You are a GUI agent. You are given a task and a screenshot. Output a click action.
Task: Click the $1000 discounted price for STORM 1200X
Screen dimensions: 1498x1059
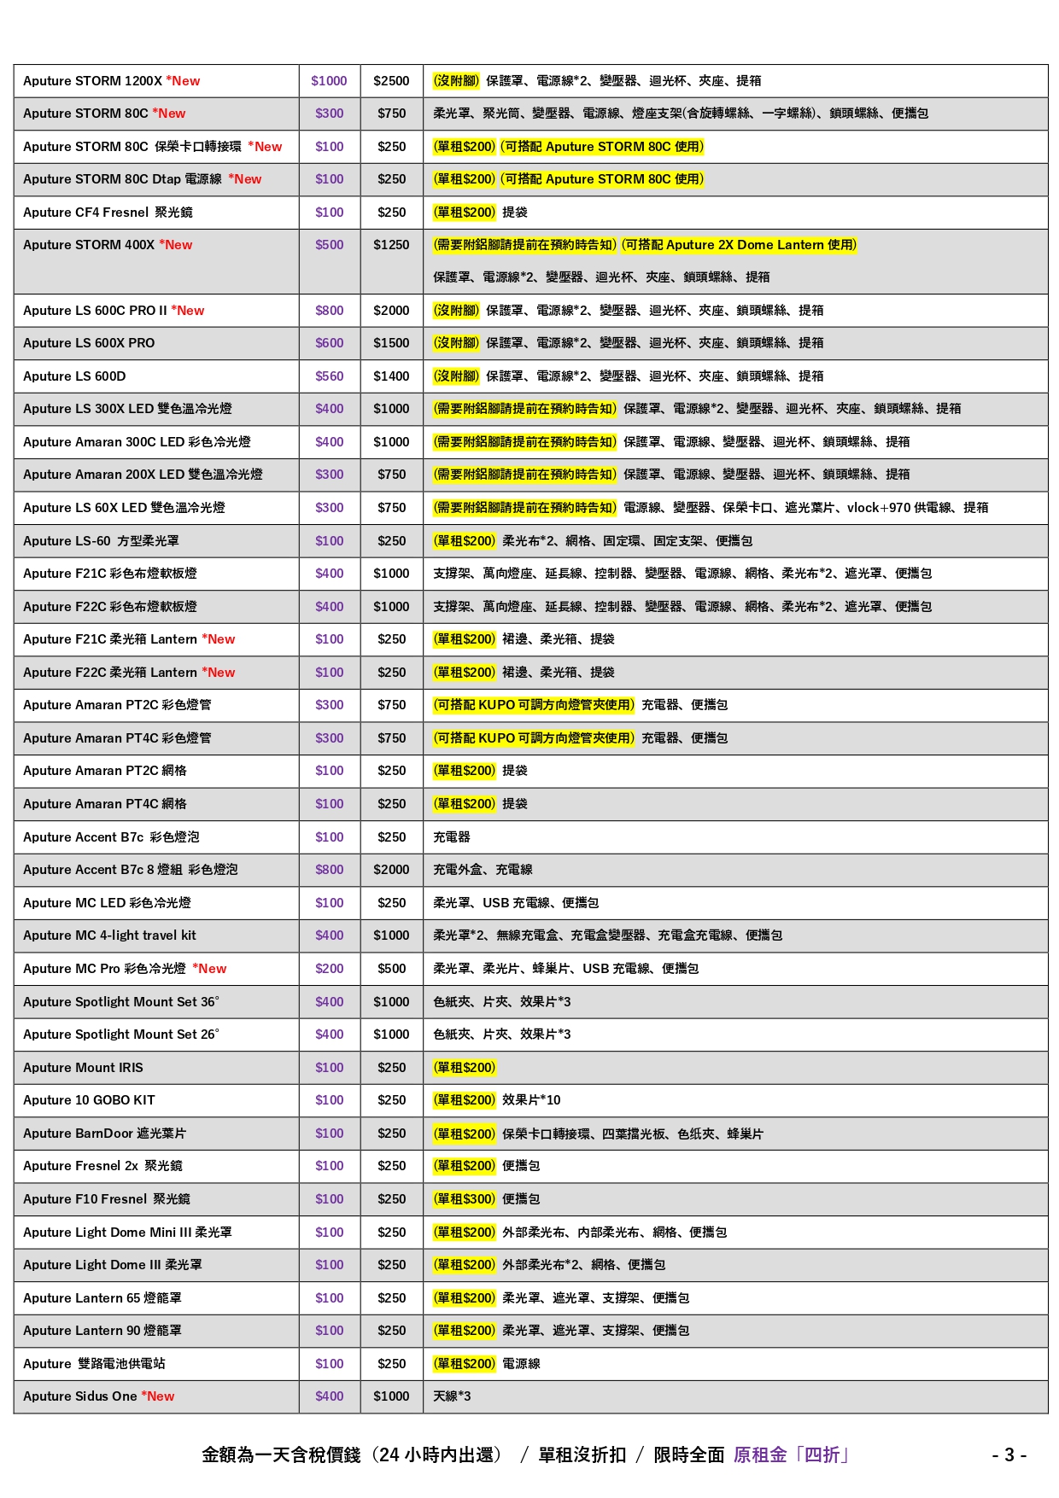329,81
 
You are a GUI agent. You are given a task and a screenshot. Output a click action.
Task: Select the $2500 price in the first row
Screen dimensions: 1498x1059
391,81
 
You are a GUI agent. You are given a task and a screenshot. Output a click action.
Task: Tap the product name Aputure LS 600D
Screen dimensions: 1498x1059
74,376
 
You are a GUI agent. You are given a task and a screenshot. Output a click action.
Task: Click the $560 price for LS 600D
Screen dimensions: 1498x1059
329,376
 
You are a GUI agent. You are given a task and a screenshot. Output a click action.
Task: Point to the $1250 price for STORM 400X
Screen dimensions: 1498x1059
391,245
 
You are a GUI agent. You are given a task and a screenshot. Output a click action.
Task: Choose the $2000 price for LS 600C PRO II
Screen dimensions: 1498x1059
391,311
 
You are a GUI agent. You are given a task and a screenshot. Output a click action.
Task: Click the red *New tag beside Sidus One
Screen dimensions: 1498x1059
158,1396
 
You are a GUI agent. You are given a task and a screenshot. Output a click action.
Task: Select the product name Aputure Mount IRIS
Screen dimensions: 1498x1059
83,1068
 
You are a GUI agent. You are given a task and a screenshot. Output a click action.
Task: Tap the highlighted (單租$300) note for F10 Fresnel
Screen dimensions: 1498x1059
465,1199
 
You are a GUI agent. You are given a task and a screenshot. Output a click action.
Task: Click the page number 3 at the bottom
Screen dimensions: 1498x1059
1009,1455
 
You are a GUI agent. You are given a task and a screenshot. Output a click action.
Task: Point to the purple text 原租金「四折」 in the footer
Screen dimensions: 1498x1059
791,1455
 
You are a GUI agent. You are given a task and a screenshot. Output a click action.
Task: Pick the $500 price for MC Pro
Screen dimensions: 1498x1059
391,969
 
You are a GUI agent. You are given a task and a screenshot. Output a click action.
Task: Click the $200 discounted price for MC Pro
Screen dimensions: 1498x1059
329,969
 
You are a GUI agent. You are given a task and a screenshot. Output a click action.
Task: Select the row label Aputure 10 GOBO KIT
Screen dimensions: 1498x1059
89,1100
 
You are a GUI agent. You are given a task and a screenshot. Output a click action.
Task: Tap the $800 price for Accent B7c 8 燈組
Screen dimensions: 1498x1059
329,870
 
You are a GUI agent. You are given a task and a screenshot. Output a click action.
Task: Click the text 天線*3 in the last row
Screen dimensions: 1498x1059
452,1396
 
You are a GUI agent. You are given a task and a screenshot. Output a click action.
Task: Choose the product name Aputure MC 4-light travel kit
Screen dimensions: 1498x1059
109,936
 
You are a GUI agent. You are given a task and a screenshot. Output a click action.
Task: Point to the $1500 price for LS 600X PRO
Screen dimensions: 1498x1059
391,343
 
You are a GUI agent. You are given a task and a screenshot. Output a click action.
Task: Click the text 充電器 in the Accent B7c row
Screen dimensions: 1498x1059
452,837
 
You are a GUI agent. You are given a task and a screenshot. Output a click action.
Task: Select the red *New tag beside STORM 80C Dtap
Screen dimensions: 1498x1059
245,179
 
